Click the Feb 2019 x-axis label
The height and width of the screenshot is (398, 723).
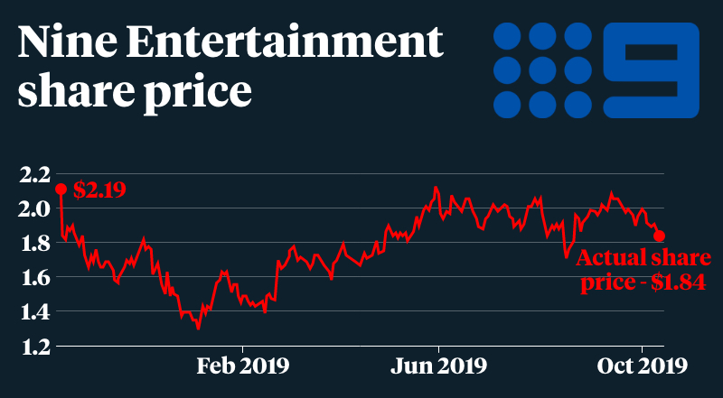coord(243,366)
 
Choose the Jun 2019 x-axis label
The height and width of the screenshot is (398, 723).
coord(439,366)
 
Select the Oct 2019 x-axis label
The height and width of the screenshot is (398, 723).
coord(641,366)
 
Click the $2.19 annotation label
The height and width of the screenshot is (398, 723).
coord(99,190)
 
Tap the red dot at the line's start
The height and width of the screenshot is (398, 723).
coord(61,190)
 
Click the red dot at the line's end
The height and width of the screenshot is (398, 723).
coord(660,236)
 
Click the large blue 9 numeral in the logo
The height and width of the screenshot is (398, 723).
coord(651,70)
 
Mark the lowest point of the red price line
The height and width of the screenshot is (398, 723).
coord(198,329)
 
